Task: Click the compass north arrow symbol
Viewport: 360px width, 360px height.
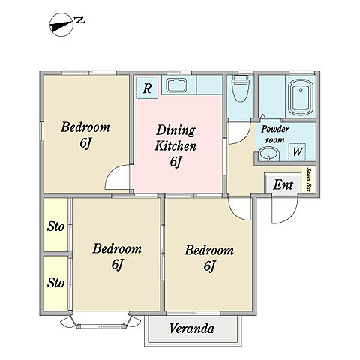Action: click(61, 25)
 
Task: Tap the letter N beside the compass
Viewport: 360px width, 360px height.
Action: click(80, 20)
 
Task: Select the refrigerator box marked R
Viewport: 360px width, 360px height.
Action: click(147, 88)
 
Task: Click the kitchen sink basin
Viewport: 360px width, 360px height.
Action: click(177, 85)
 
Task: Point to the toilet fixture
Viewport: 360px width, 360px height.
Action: click(240, 88)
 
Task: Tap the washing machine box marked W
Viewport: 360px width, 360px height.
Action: click(297, 151)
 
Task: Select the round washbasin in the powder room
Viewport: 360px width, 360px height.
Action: click(268, 154)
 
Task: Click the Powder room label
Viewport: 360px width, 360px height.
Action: click(275, 134)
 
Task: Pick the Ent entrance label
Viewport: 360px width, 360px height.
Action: click(283, 185)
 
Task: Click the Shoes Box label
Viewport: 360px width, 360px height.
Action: click(308, 180)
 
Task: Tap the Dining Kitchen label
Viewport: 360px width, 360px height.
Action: click(175, 145)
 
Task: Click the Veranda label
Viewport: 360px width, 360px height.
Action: click(192, 328)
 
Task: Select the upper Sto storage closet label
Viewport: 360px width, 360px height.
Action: click(55, 226)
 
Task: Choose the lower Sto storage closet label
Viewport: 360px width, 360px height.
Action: click(55, 283)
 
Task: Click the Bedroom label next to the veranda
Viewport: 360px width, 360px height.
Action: click(209, 257)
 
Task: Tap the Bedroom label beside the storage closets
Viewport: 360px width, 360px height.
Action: click(117, 256)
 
